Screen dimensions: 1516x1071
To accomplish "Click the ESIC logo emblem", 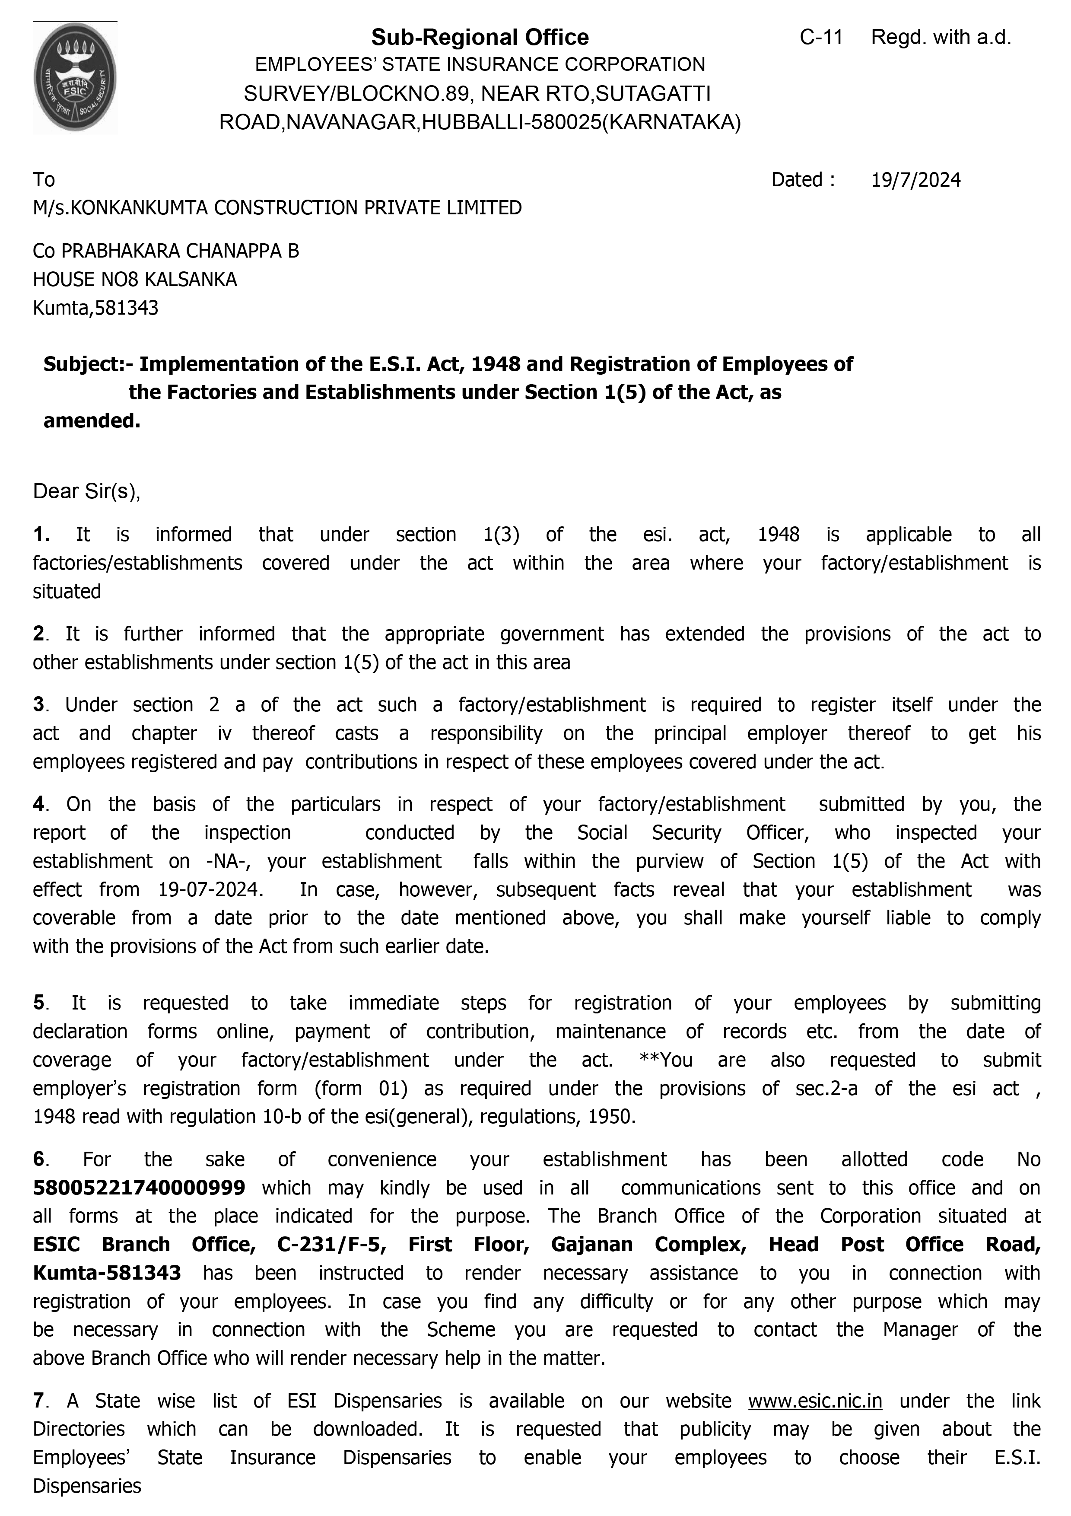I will (x=75, y=78).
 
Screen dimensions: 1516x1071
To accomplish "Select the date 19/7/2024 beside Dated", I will (x=915, y=180).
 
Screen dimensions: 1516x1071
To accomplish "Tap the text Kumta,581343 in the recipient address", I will (x=95, y=309).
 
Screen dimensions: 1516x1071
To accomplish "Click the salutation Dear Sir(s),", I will (x=86, y=491).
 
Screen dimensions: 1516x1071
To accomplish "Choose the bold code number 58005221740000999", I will (x=139, y=1188).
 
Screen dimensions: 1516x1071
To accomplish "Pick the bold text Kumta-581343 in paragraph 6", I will (x=107, y=1273).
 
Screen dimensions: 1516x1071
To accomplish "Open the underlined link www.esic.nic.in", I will (x=814, y=1401).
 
